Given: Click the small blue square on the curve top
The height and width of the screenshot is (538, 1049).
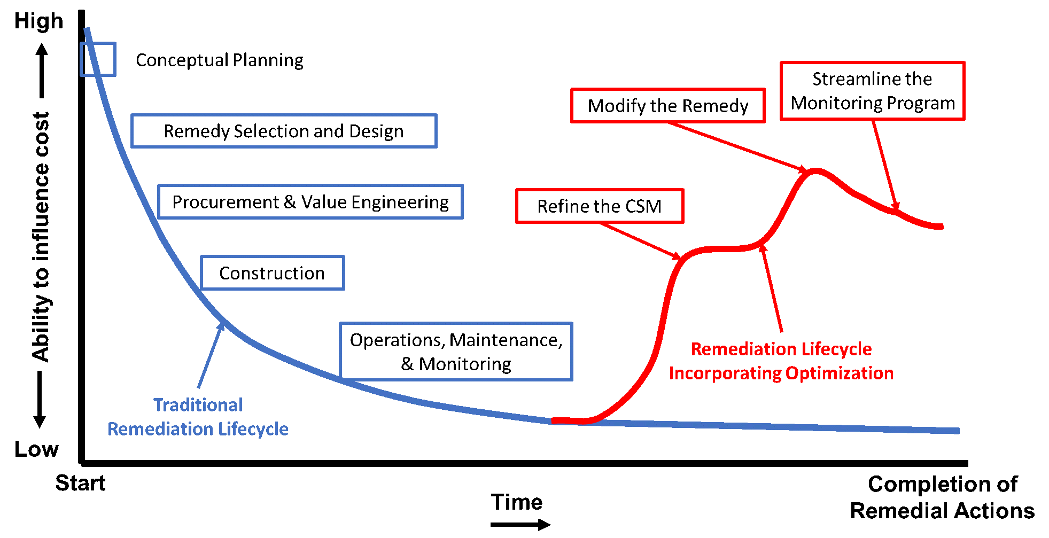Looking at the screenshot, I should tap(98, 59).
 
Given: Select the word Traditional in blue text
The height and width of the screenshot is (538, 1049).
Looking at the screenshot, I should tap(198, 405).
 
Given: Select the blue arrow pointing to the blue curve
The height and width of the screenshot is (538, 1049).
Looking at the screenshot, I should tap(211, 355).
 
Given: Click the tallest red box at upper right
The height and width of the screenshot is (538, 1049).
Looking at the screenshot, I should tap(872, 90).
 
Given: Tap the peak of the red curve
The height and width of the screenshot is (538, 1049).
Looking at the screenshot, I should tap(815, 171).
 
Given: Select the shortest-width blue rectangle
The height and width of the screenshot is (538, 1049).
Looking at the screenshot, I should tap(272, 272).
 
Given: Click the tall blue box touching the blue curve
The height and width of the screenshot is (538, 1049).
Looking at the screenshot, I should tap(456, 351).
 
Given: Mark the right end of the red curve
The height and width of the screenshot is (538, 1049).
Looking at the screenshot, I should tap(942, 227).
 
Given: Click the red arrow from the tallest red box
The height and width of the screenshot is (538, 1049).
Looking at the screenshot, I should tap(884, 163).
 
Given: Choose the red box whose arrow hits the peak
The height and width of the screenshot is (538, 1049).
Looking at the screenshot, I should tap(667, 105).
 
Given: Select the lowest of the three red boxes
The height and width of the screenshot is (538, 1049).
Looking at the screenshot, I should tap(600, 206).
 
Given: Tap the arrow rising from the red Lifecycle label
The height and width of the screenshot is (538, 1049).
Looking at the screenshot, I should tap(773, 289).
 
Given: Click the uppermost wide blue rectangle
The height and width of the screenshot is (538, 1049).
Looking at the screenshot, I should tap(284, 130).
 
